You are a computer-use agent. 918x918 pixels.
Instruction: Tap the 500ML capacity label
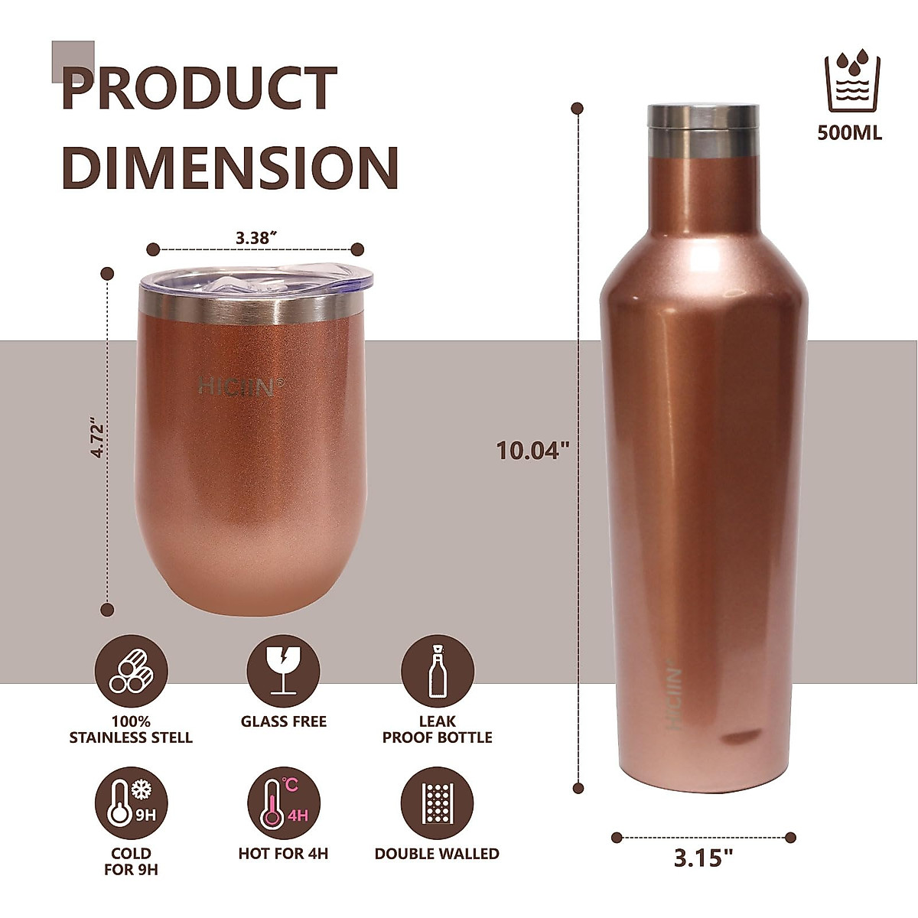pyautogui.click(x=849, y=133)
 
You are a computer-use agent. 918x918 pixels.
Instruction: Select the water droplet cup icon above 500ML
pyautogui.click(x=849, y=80)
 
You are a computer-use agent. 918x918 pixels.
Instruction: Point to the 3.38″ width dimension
pyautogui.click(x=256, y=238)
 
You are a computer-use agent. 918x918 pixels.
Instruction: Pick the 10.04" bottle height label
pyautogui.click(x=534, y=450)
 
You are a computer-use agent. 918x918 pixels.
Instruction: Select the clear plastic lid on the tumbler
pyautogui.click(x=256, y=282)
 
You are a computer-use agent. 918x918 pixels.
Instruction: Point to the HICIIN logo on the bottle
pyautogui.click(x=674, y=697)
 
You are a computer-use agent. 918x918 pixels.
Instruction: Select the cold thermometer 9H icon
pyautogui.click(x=131, y=803)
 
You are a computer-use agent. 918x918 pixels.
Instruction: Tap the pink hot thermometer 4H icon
pyautogui.click(x=283, y=803)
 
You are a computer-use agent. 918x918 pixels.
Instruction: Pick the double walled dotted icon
pyautogui.click(x=437, y=803)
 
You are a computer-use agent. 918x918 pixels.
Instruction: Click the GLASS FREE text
pyautogui.click(x=283, y=721)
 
